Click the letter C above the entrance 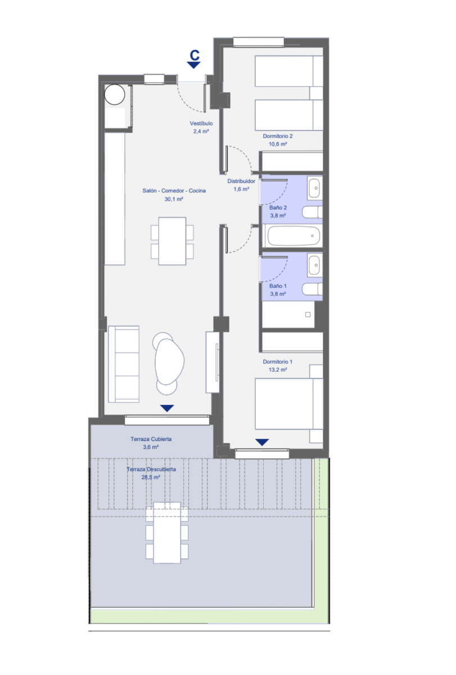[x=195, y=55]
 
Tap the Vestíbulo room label [x=201, y=123]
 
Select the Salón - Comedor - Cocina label [x=174, y=191]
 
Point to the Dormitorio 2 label [x=277, y=136]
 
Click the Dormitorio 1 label [x=277, y=361]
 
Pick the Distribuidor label [x=241, y=181]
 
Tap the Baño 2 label [x=278, y=208]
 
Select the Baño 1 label [x=278, y=286]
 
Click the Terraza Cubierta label [x=151, y=439]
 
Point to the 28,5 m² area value [x=151, y=477]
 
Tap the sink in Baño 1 [x=314, y=265]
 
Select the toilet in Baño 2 [x=312, y=212]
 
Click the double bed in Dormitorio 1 [x=288, y=404]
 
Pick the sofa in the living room [x=124, y=364]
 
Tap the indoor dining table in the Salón [x=172, y=241]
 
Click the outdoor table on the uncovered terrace [x=167, y=533]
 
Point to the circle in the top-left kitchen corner [x=115, y=94]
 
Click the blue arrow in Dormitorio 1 [x=262, y=442]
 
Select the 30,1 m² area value [x=174, y=199]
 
